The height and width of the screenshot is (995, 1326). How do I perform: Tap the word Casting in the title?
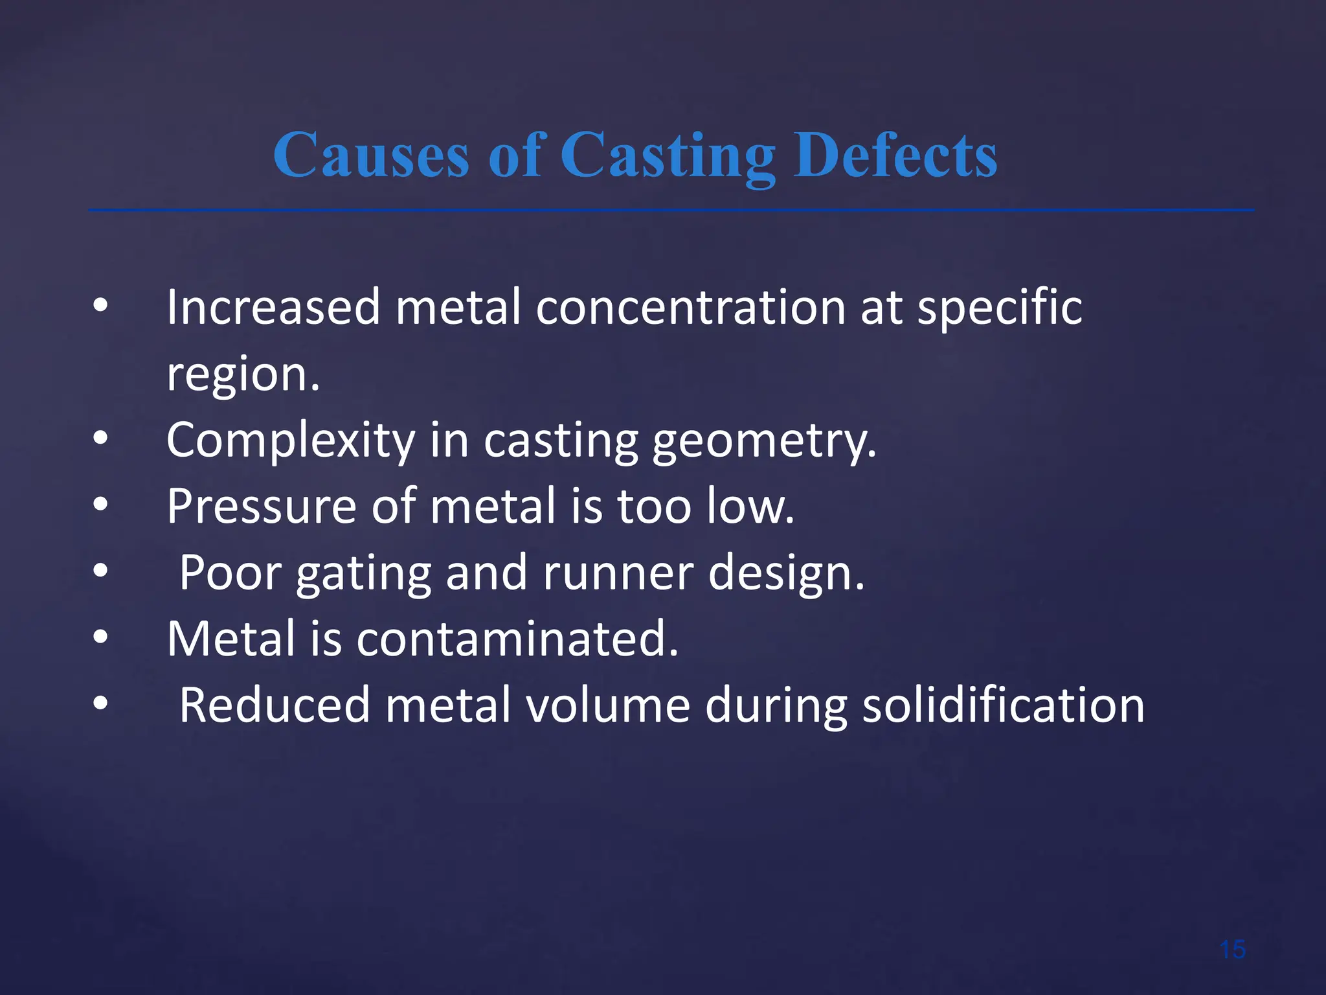click(668, 155)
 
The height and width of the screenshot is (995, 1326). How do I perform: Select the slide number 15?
click(1232, 950)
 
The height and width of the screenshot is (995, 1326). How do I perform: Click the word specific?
click(1000, 308)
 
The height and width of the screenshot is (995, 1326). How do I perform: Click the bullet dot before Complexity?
click(100, 439)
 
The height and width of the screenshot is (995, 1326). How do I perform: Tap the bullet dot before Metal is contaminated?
click(100, 637)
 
